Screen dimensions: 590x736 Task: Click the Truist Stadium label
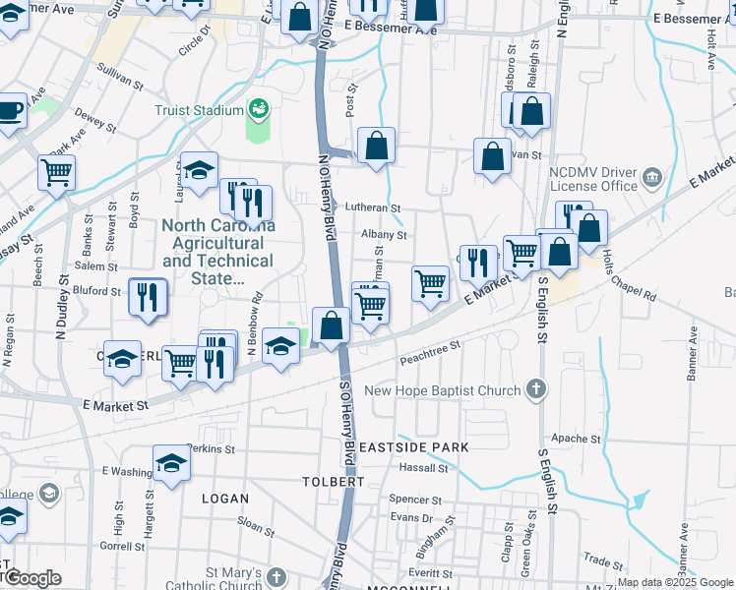click(x=197, y=110)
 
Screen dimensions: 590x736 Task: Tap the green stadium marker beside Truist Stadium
click(x=259, y=108)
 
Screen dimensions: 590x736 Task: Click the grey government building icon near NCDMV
click(x=652, y=179)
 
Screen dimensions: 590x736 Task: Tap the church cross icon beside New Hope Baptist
click(x=536, y=389)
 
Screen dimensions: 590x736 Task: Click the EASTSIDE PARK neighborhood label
click(x=412, y=447)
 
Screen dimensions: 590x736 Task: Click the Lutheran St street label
click(x=373, y=208)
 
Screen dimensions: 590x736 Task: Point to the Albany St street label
click(x=384, y=235)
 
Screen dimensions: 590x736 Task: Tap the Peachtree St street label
click(x=430, y=354)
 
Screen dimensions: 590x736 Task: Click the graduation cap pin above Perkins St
click(x=171, y=463)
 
